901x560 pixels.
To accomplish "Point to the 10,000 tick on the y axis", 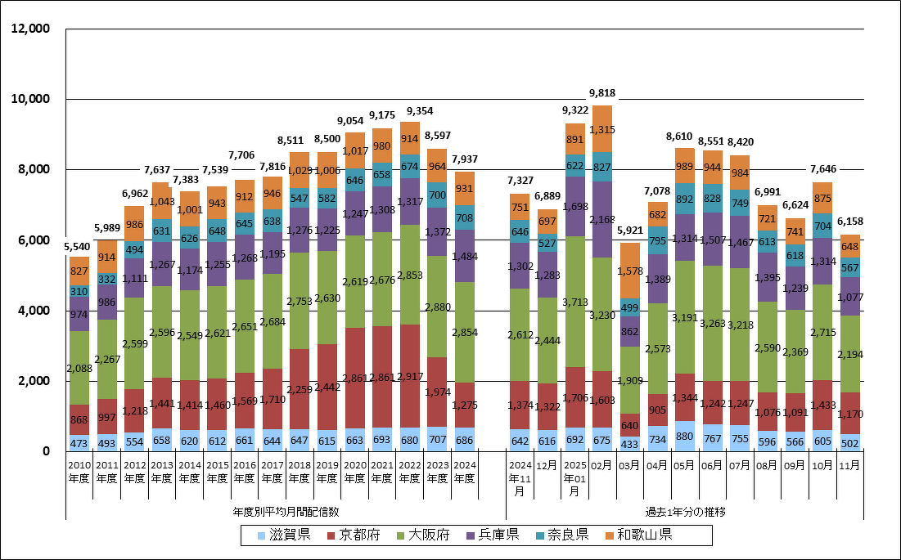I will point(29,99).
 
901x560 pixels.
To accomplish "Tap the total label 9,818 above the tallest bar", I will point(601,93).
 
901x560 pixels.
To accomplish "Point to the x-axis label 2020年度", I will point(355,472).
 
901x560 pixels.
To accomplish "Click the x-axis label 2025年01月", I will point(574,478).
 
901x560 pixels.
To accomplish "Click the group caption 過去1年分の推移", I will point(685,512).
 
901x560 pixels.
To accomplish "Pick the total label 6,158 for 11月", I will point(849,222).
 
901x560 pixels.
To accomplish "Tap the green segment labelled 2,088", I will point(80,368).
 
